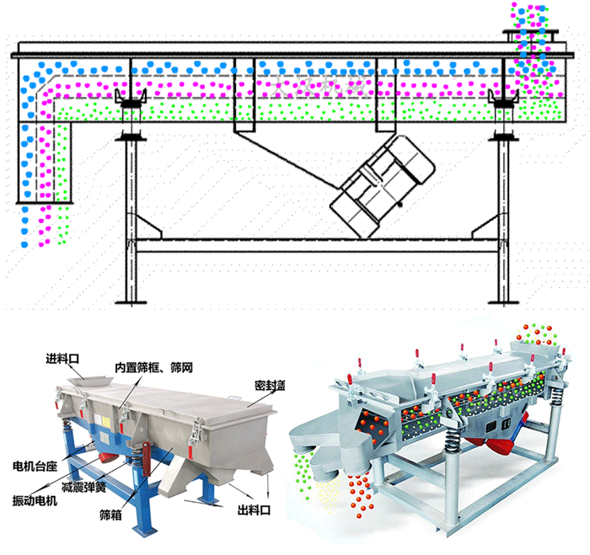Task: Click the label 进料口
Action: [62, 359]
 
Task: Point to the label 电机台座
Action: [30, 465]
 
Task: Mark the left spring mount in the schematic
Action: [131, 118]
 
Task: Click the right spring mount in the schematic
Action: [504, 118]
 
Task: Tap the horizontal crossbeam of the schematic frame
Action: [316, 245]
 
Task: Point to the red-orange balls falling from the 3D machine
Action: [357, 488]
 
